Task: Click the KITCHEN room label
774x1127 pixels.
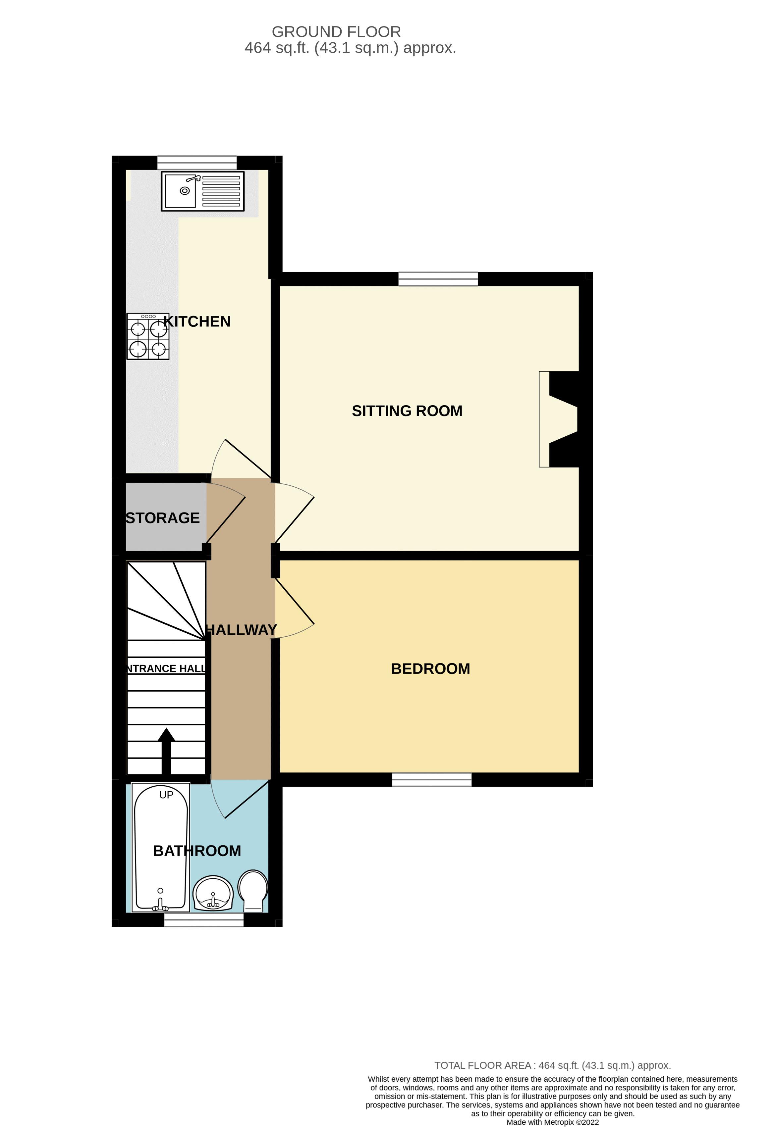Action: point(197,321)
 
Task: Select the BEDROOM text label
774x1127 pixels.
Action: point(430,669)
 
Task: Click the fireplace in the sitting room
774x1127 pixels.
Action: point(558,419)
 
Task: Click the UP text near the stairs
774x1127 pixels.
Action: point(166,795)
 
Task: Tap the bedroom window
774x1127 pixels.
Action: point(431,779)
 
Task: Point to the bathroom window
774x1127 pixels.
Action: point(203,920)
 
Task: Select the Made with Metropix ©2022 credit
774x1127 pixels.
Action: point(552,1122)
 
